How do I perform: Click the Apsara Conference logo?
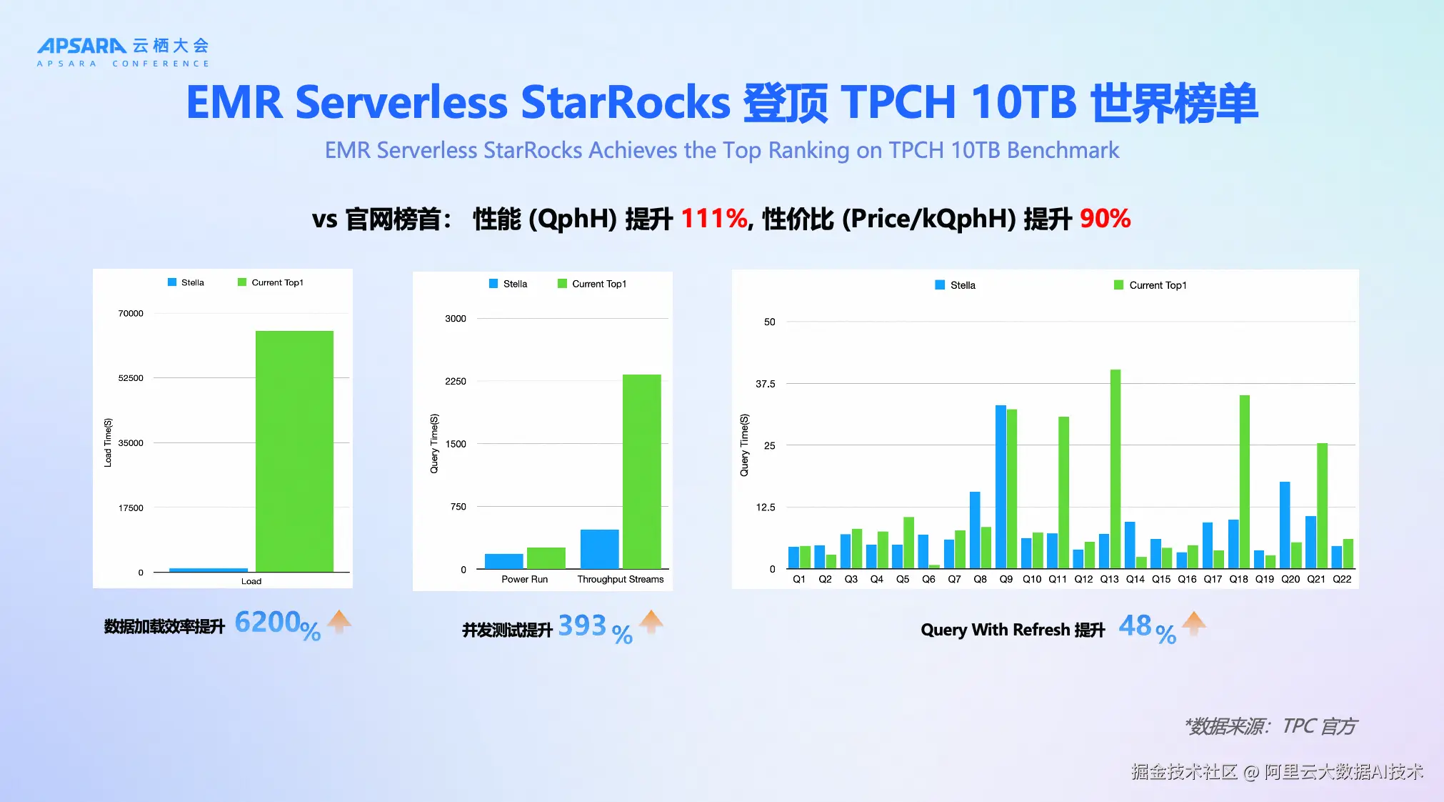pos(123,52)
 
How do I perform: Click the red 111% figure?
pos(713,219)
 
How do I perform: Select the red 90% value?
pos(1105,219)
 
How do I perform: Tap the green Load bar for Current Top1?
pos(294,451)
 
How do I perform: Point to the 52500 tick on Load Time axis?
pos(131,377)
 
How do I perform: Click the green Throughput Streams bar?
pos(641,472)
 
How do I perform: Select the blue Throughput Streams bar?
pos(599,549)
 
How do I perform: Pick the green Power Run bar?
pos(546,558)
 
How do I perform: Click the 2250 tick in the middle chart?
pos(456,381)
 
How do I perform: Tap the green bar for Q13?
pos(1115,469)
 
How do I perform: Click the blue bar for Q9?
pos(1001,487)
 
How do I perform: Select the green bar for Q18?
pos(1244,482)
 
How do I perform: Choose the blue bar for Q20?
pos(1284,525)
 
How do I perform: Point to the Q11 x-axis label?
pos(1058,579)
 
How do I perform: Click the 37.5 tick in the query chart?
pos(765,384)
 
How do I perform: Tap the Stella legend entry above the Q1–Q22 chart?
pos(955,285)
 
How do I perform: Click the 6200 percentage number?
pos(267,622)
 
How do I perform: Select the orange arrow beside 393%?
pos(651,622)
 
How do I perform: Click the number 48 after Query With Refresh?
pos(1135,626)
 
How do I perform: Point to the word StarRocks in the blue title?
pos(626,102)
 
